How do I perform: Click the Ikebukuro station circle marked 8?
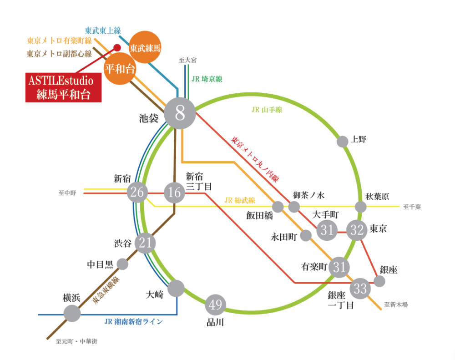[180, 113]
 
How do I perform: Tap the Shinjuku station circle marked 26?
[137, 193]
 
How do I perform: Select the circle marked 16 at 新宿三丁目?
[174, 193]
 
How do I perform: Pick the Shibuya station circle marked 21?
[145, 243]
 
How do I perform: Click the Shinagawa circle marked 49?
[215, 304]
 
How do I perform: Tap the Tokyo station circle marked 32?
[357, 230]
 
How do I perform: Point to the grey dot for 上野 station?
[343, 142]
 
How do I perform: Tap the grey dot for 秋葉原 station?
[361, 207]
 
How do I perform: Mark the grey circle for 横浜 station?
[72, 313]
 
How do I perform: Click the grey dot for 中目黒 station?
[122, 264]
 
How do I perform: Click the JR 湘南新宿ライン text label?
[133, 321]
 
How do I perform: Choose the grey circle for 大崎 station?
[176, 289]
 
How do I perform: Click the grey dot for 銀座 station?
[379, 281]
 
